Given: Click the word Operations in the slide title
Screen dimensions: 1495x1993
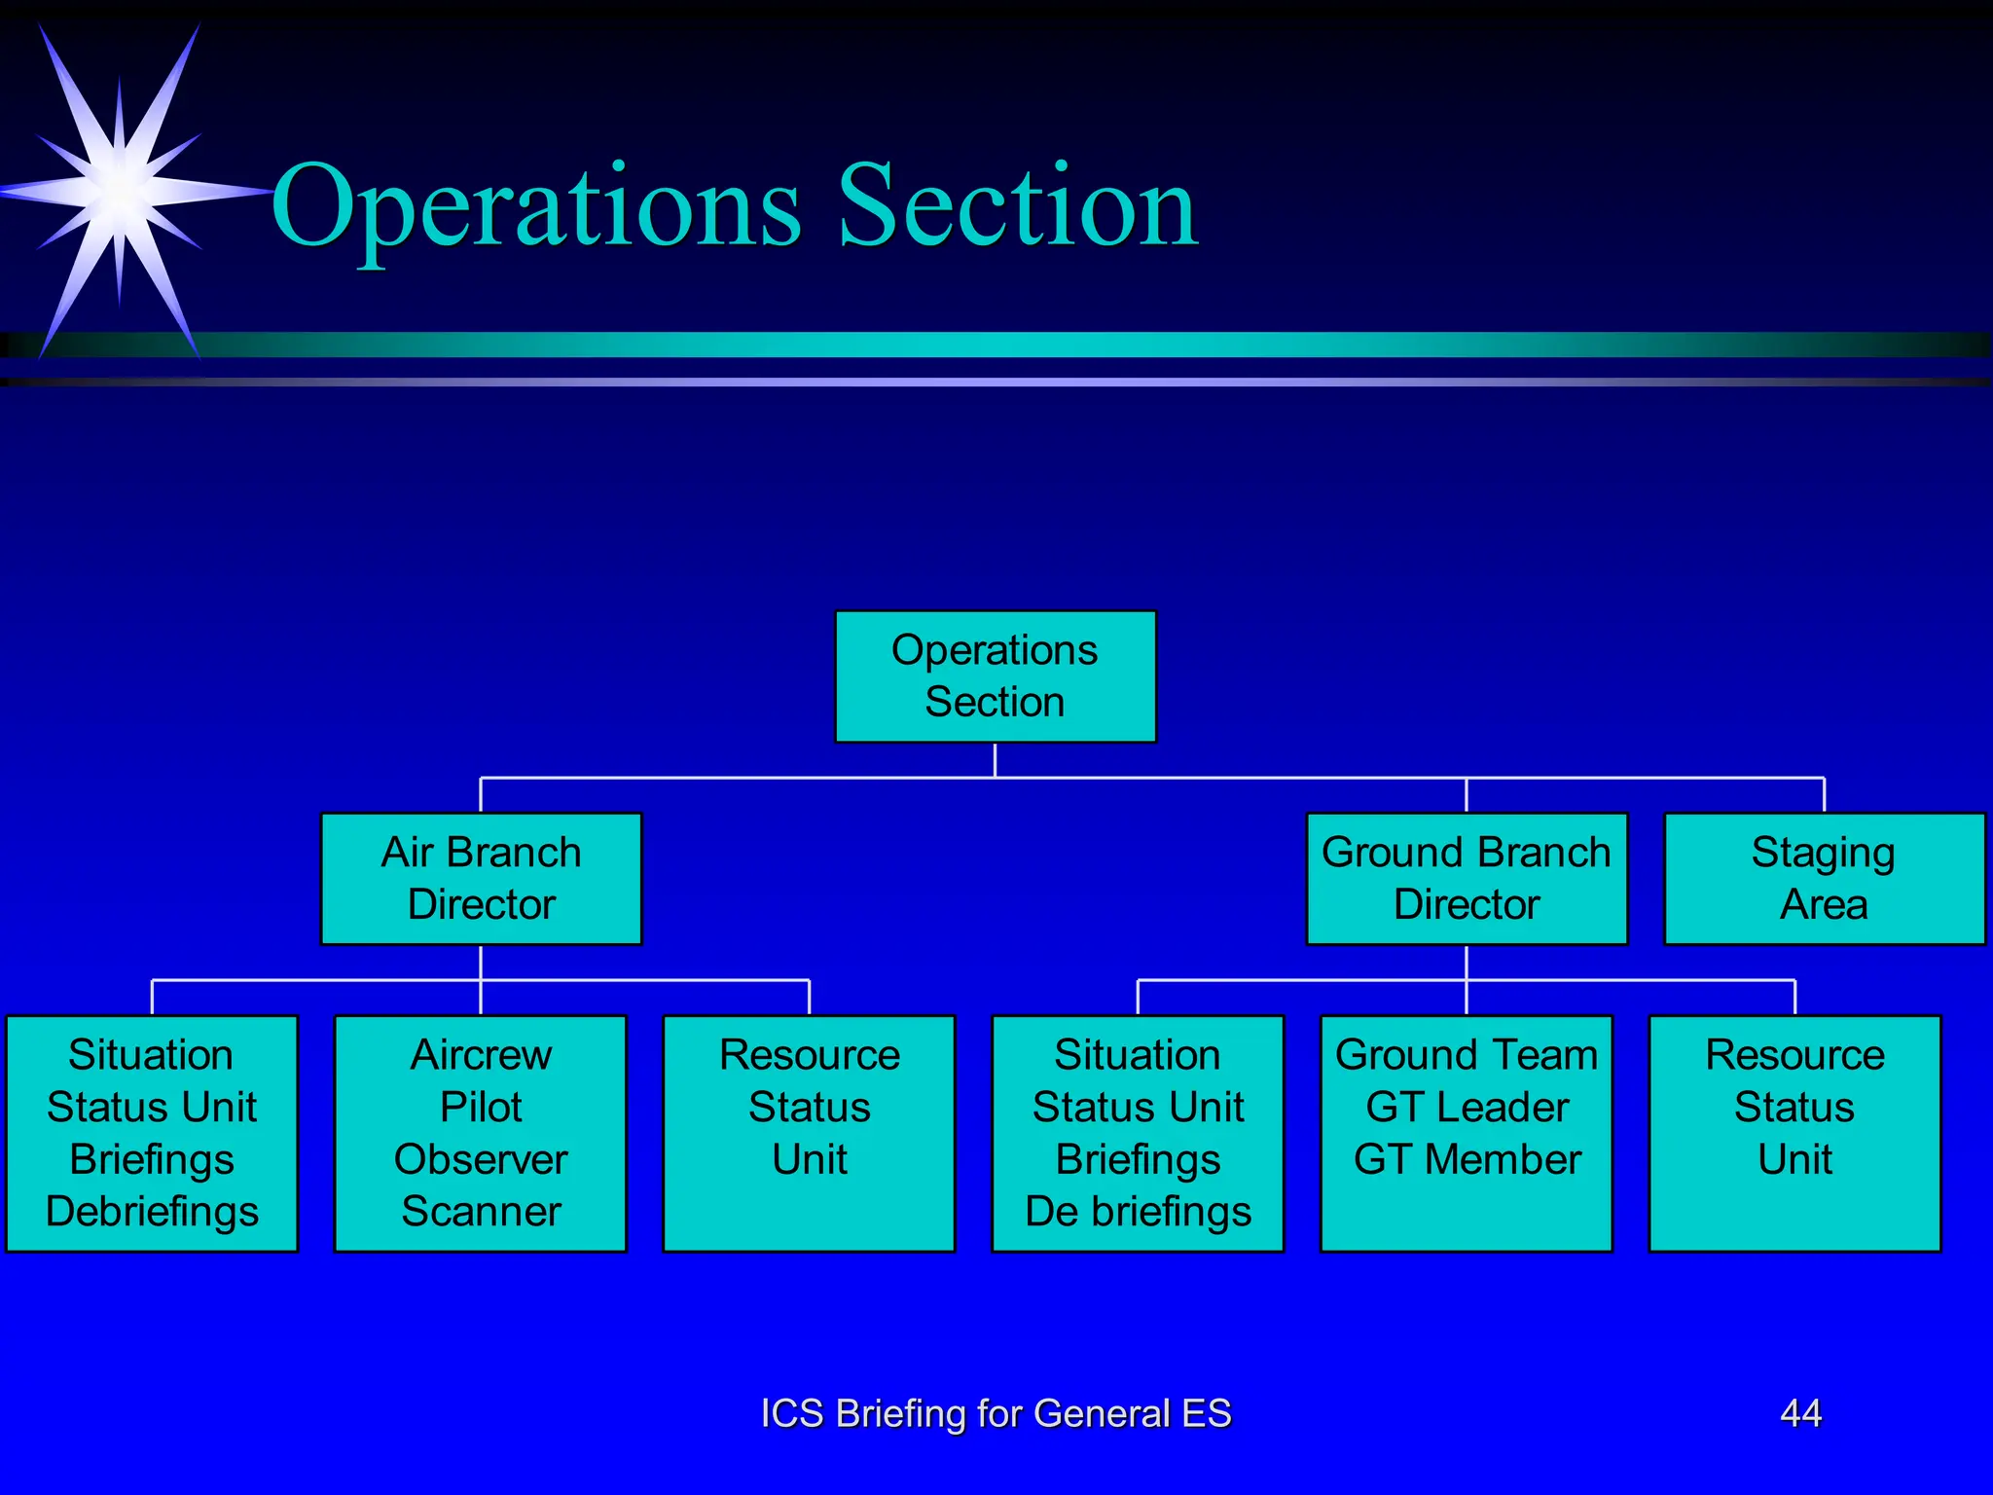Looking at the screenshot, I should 536,207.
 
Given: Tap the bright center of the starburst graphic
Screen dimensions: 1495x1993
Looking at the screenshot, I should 119,190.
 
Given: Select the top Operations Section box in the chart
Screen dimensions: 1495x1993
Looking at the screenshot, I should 995,676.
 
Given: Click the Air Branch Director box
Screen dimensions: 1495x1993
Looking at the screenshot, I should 481,878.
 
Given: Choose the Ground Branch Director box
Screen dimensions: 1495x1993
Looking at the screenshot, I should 1467,878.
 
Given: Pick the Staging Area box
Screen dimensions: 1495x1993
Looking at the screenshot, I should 1824,878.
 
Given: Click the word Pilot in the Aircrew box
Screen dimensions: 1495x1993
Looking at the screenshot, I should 481,1108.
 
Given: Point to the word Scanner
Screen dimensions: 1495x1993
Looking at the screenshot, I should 481,1212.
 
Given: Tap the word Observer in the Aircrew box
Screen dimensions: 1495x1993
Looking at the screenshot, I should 481,1159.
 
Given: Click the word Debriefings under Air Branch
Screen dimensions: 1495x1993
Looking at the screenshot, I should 152,1212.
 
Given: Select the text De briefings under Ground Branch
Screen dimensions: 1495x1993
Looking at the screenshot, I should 1138,1212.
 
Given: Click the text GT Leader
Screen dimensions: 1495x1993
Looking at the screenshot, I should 1467,1108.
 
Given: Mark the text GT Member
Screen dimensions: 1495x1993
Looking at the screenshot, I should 1467,1159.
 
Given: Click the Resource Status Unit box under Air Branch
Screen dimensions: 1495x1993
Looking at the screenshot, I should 809,1133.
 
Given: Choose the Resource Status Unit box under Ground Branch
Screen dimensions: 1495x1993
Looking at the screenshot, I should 1794,1133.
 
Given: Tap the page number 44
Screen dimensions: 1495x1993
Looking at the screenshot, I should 1800,1413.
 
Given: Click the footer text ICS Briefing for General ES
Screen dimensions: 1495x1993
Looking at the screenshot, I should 996,1413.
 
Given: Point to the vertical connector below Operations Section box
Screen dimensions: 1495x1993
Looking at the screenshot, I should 995,760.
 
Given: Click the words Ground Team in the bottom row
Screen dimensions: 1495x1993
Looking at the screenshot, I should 1467,1055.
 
